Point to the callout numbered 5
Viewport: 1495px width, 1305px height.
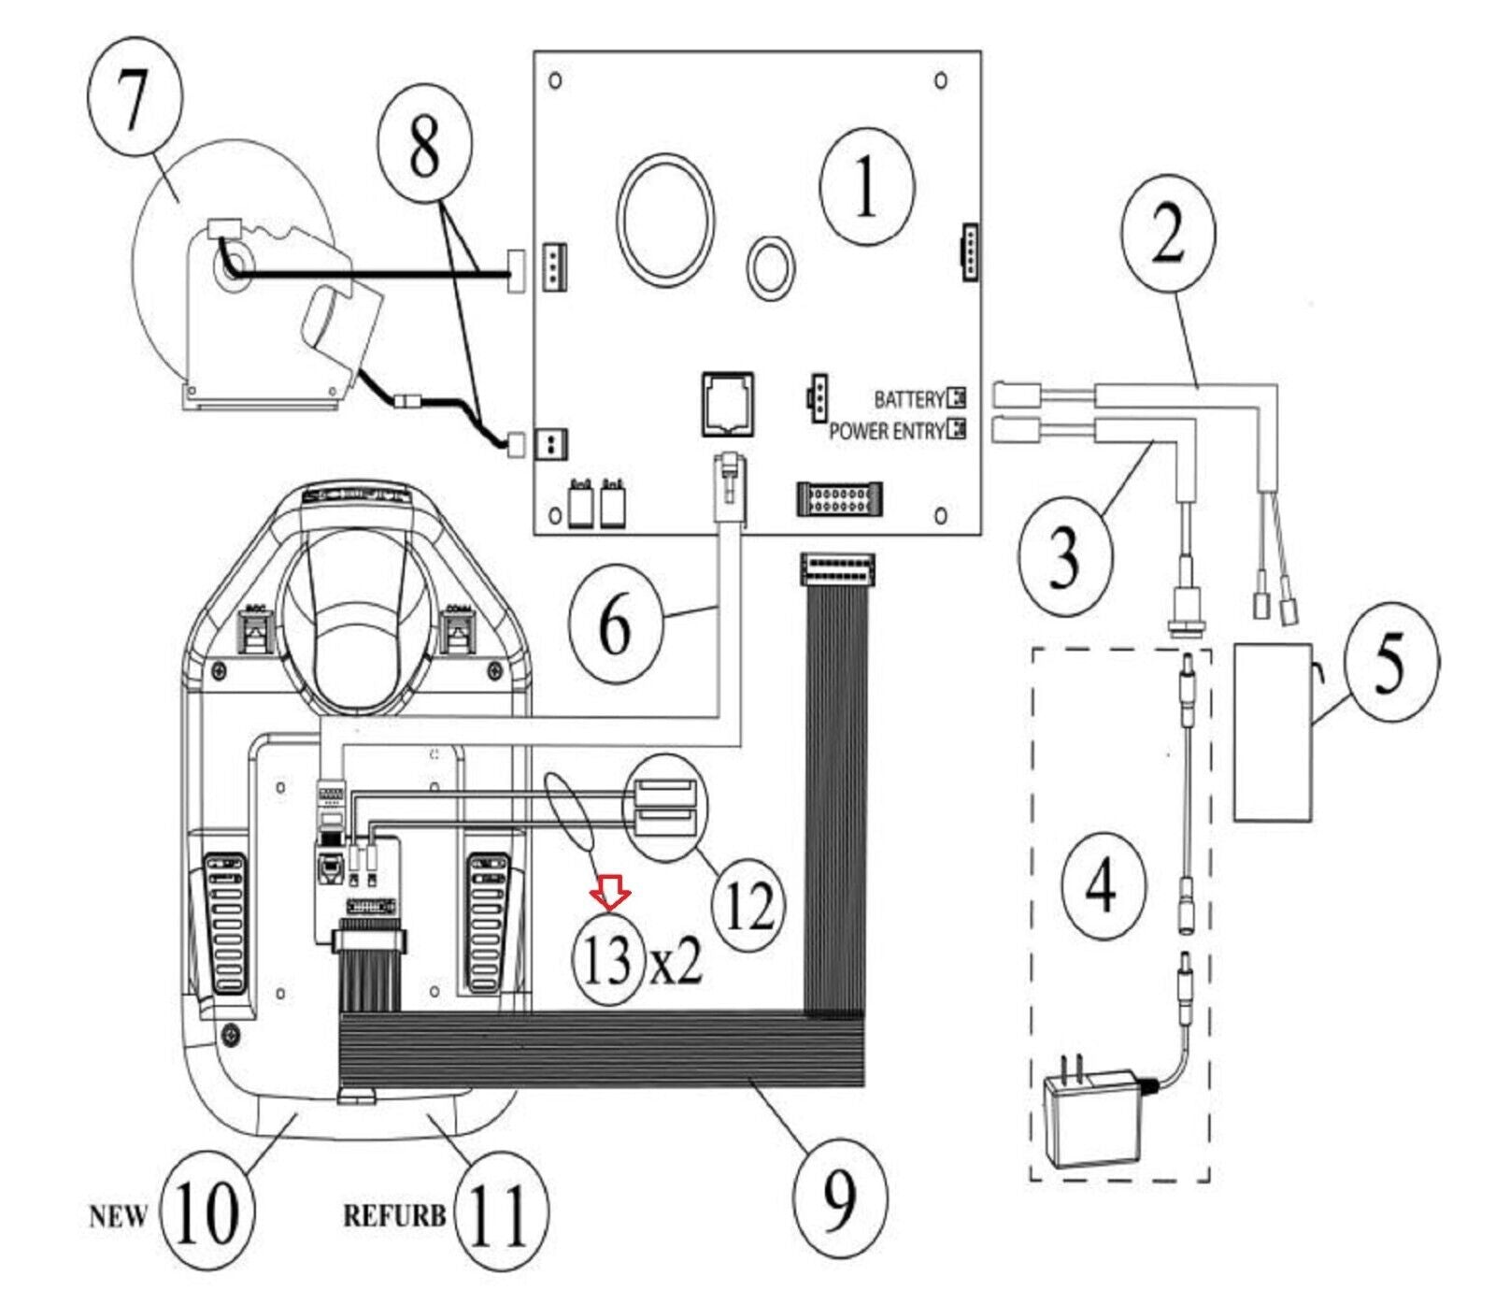1389,662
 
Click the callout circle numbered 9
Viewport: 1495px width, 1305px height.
840,1198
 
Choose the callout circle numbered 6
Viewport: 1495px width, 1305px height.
615,624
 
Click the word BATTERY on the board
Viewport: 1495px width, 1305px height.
908,400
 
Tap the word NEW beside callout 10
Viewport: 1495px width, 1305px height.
119,1216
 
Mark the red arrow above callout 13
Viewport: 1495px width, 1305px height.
610,897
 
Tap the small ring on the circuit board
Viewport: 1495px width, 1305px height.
771,268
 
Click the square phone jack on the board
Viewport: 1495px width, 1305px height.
728,404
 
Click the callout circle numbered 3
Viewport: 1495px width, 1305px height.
1065,557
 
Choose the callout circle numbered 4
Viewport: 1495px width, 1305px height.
1100,885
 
